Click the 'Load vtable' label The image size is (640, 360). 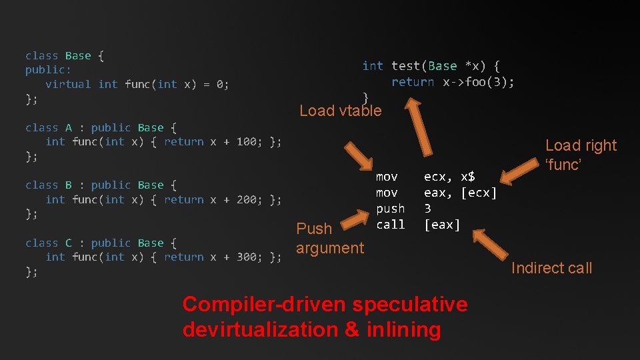pyautogui.click(x=341, y=111)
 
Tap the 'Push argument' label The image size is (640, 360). pyautogui.click(x=329, y=238)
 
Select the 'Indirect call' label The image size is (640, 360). pyautogui.click(x=551, y=268)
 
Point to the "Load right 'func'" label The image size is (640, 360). pyautogui.click(x=581, y=155)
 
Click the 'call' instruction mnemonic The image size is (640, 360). pyautogui.click(x=390, y=225)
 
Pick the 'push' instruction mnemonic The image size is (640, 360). pyautogui.click(x=390, y=209)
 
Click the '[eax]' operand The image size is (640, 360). pyautogui.click(x=442, y=225)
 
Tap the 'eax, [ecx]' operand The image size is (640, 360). pyautogui.click(x=460, y=193)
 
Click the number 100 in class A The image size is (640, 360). pyautogui.click(x=246, y=141)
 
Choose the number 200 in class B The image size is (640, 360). pyautogui.click(x=246, y=199)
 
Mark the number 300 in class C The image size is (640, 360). pyautogui.click(x=246, y=257)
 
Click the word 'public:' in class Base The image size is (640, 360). pyautogui.click(x=48, y=69)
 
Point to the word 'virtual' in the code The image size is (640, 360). pyautogui.click(x=68, y=84)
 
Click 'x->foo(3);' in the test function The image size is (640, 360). pyautogui.click(x=479, y=82)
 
